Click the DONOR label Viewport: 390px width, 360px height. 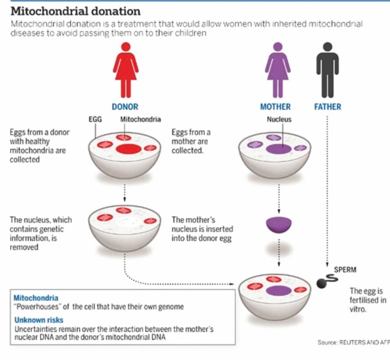pos(125,107)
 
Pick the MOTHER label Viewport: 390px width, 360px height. pos(276,107)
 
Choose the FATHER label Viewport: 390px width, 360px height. pos(327,107)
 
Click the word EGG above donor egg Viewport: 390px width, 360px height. pos(95,119)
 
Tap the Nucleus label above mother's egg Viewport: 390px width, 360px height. pos(279,119)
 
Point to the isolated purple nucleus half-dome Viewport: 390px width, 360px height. pos(279,224)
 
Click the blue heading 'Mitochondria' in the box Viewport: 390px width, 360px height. pos(36,298)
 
